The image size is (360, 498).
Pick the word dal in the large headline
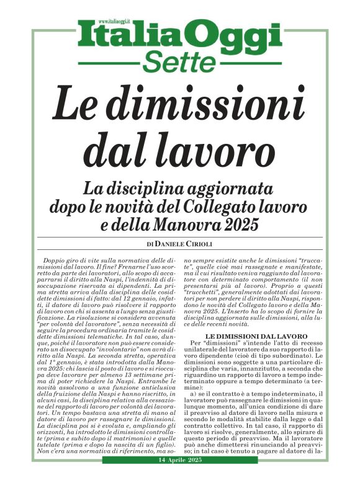[115, 149]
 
